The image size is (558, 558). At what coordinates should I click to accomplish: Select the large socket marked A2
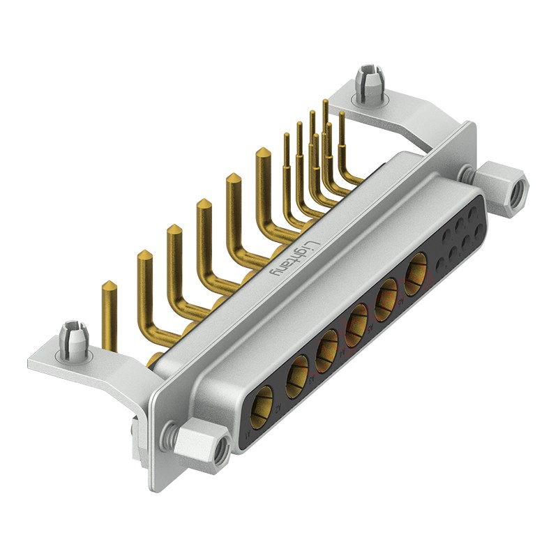click(297, 370)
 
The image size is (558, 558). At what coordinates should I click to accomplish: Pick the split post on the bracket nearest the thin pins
click(366, 83)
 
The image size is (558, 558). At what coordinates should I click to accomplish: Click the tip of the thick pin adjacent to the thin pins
click(263, 151)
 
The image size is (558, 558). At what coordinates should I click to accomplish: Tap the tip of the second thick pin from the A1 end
click(144, 253)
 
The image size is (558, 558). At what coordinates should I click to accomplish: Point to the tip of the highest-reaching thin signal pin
click(325, 102)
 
